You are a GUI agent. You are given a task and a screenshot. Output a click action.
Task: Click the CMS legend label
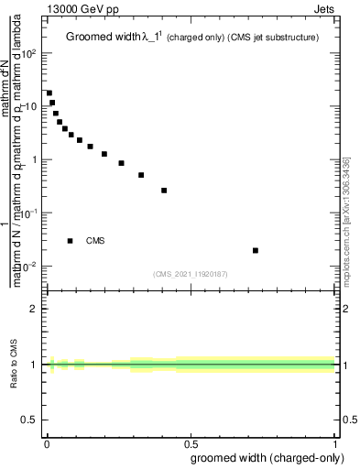coord(95,241)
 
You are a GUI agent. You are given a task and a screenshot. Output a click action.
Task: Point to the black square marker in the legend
coord(71,241)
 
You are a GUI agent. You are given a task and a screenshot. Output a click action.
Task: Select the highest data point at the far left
coord(49,93)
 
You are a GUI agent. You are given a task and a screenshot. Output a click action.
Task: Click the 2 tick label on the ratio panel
coord(34,309)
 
